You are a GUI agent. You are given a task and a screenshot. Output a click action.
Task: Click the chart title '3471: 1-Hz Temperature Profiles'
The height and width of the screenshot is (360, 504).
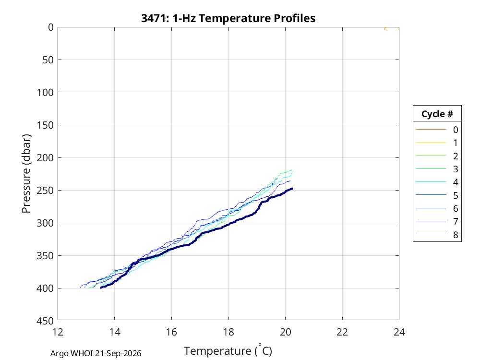[228, 18]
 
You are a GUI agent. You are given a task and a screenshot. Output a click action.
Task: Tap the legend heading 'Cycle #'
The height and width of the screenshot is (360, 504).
[437, 114]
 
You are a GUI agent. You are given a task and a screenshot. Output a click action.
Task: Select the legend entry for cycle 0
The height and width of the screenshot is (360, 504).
[437, 130]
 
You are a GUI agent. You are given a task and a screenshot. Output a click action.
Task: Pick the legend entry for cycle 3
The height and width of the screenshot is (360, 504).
[437, 169]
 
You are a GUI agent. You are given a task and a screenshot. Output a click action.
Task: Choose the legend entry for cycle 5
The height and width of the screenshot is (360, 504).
[437, 195]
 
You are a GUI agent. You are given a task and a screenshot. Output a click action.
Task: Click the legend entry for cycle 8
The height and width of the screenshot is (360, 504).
[437, 235]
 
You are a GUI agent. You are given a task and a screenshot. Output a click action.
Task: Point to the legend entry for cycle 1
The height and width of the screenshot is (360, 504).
[437, 143]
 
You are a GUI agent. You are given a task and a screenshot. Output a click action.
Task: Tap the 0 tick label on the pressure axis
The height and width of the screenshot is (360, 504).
[51, 27]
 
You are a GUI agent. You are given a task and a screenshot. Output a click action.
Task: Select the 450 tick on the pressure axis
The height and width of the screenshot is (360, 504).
[45, 321]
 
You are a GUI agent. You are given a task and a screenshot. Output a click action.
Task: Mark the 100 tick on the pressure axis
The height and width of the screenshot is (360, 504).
[45, 93]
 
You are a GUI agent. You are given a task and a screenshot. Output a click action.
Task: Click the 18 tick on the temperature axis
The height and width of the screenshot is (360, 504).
[228, 332]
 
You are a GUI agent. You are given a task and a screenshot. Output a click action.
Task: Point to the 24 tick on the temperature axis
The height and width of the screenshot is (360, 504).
[399, 332]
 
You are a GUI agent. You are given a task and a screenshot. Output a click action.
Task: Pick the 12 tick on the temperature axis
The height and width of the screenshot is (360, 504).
[58, 332]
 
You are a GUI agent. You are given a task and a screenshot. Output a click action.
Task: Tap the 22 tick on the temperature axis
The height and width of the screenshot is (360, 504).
[342, 332]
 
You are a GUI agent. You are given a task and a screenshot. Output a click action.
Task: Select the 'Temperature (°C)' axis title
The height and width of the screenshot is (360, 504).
[228, 350]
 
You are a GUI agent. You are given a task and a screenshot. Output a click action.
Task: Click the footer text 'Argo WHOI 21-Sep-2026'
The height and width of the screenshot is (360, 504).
[96, 353]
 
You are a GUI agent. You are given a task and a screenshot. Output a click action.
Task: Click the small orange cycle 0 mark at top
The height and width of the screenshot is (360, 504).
[385, 29]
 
